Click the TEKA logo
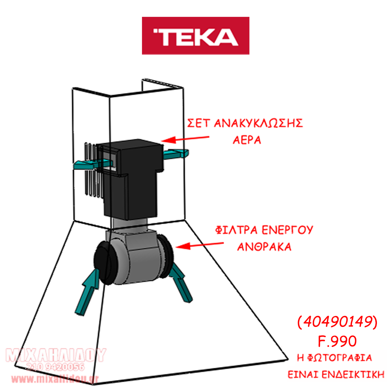195,36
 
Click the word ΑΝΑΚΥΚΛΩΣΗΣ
258,123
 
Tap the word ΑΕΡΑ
247,140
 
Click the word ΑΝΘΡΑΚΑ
264,247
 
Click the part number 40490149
337,321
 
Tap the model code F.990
337,341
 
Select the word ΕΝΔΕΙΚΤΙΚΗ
353,375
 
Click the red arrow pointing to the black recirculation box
185,139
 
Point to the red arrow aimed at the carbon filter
199,246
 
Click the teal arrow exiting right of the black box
176,153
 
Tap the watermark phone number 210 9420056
56,367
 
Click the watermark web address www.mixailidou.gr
55,379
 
